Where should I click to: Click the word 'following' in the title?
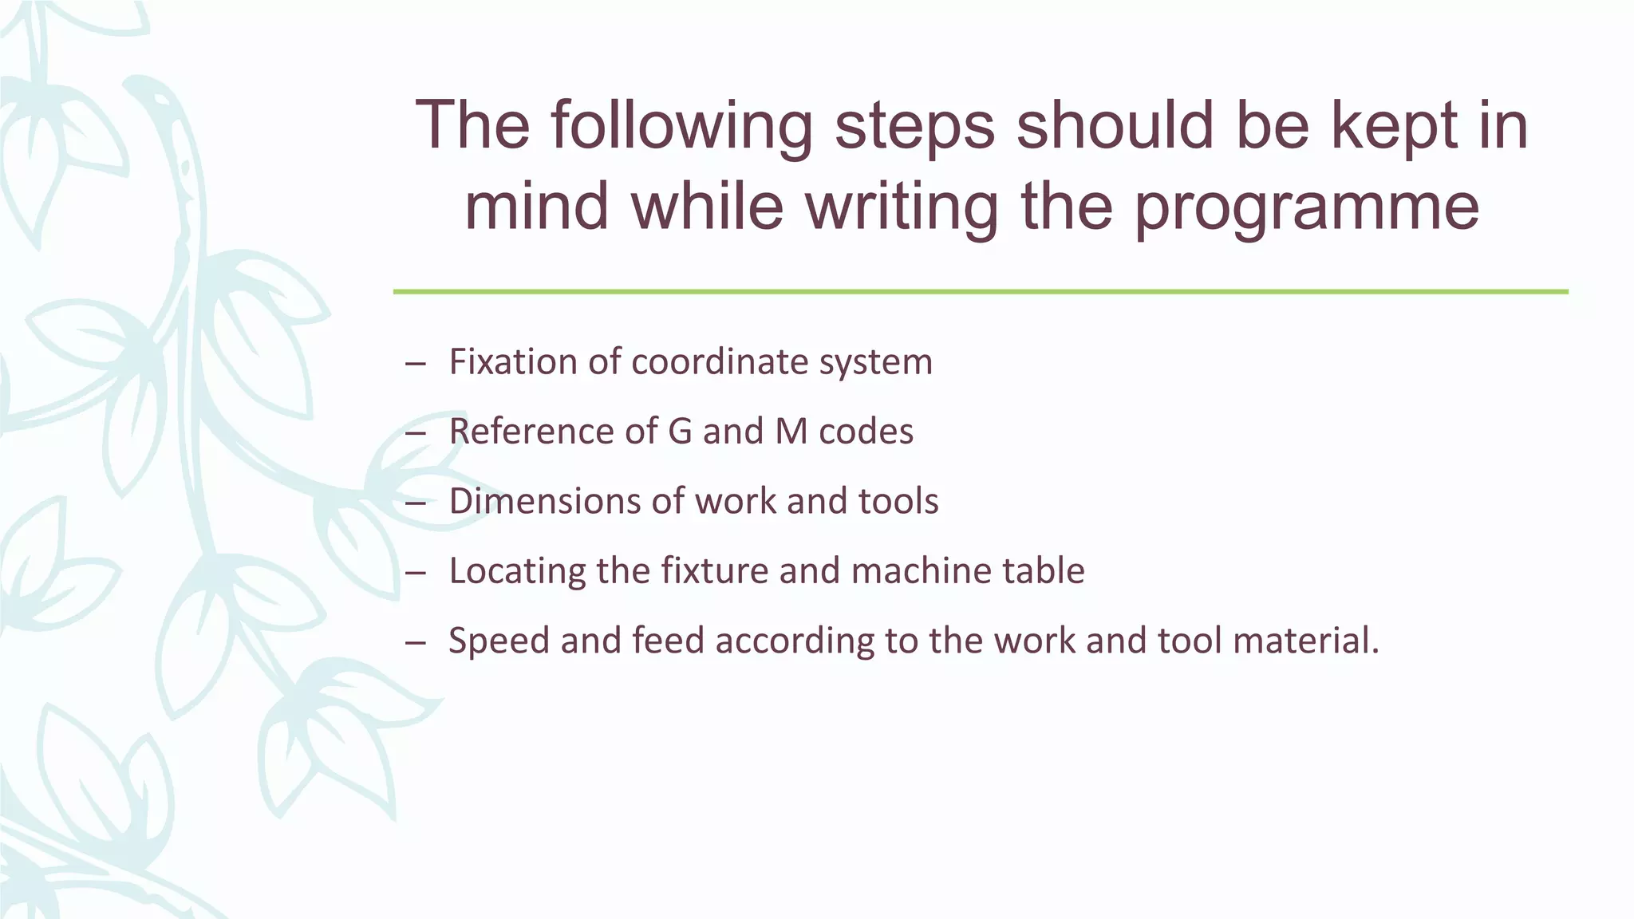[681, 126]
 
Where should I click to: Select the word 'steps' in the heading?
[915, 126]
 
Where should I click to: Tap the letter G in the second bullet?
[680, 432]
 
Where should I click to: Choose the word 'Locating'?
[517, 570]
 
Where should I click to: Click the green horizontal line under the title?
[981, 292]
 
